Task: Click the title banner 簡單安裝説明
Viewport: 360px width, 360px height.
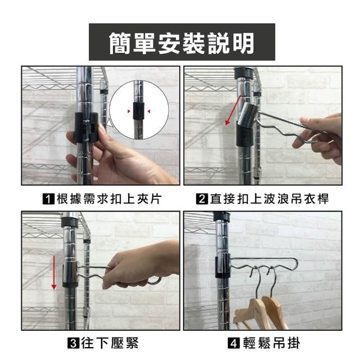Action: click(182, 42)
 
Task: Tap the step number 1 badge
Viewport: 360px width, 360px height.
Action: click(49, 199)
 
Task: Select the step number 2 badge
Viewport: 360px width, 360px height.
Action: click(202, 199)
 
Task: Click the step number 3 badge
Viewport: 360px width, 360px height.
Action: click(74, 343)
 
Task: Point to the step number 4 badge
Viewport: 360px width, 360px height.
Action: click(233, 343)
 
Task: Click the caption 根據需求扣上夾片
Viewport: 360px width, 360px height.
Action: click(109, 199)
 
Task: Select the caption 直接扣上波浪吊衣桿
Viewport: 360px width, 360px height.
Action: click(269, 199)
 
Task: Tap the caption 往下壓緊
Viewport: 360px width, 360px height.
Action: click(110, 343)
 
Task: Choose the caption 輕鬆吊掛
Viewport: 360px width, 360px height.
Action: click(271, 343)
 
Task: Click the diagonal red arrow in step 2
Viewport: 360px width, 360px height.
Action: click(233, 110)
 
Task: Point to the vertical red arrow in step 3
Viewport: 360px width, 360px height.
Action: click(54, 272)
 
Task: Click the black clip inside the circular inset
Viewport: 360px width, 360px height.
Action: click(138, 111)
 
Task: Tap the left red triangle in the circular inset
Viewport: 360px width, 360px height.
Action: click(129, 111)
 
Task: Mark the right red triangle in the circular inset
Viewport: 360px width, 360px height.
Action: click(149, 111)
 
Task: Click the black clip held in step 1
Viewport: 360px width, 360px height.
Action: click(87, 128)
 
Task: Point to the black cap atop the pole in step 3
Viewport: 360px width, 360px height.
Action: click(70, 222)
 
